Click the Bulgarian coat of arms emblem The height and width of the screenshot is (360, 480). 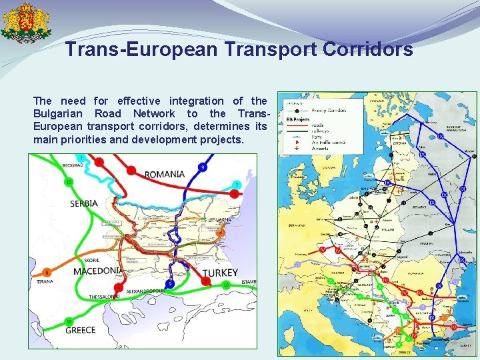coord(25,23)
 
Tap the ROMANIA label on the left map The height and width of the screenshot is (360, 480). coord(165,174)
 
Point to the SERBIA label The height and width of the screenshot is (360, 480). coord(84,203)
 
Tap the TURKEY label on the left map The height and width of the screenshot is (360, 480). coord(219,273)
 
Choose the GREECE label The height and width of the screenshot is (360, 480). coord(80,330)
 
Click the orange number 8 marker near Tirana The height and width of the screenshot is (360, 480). coord(47,272)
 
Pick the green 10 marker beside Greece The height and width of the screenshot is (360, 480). coord(69,322)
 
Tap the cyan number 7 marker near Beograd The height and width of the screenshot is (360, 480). coord(81,158)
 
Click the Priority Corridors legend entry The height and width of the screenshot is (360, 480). coord(327,111)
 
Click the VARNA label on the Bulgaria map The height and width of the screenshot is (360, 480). coord(224,219)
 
